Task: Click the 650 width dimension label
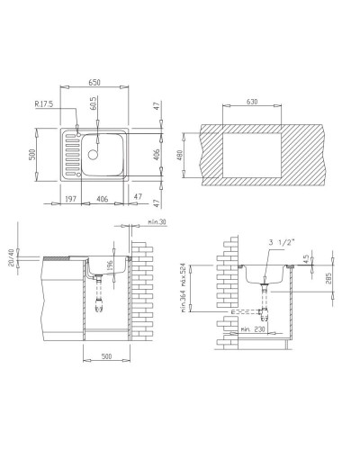95,83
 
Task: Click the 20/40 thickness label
12,257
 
